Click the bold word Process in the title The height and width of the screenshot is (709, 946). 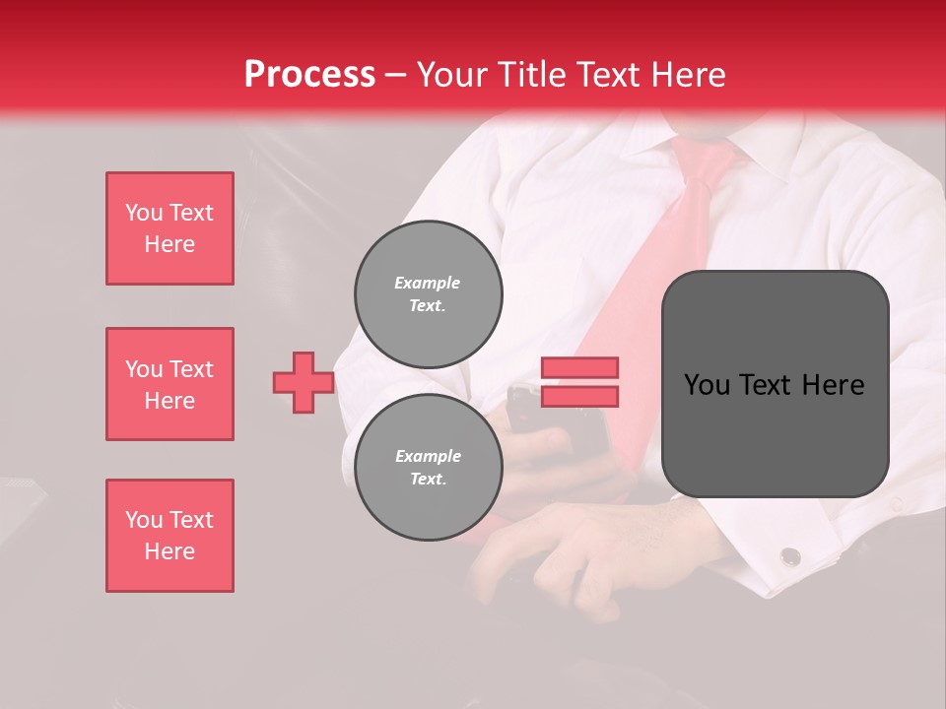pyautogui.click(x=309, y=75)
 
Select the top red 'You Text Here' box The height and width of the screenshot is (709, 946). pyautogui.click(x=169, y=228)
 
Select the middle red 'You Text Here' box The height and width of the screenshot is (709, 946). pyautogui.click(x=169, y=384)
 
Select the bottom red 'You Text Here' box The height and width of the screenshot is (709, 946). pyautogui.click(x=169, y=536)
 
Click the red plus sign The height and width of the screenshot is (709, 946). pyautogui.click(x=304, y=382)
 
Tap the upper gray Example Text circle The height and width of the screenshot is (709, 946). pyautogui.click(x=428, y=294)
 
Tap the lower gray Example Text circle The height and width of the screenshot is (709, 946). pyautogui.click(x=428, y=468)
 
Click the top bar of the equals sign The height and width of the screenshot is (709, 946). pyautogui.click(x=579, y=368)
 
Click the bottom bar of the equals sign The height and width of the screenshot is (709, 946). pyautogui.click(x=579, y=396)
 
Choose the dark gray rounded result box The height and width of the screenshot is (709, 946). pyautogui.click(x=775, y=384)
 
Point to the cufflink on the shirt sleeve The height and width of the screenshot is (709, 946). pyautogui.click(x=789, y=556)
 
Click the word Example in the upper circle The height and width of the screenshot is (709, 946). pyautogui.click(x=428, y=283)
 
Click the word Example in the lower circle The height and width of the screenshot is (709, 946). pyautogui.click(x=428, y=456)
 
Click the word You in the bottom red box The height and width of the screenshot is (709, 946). pyautogui.click(x=143, y=520)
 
